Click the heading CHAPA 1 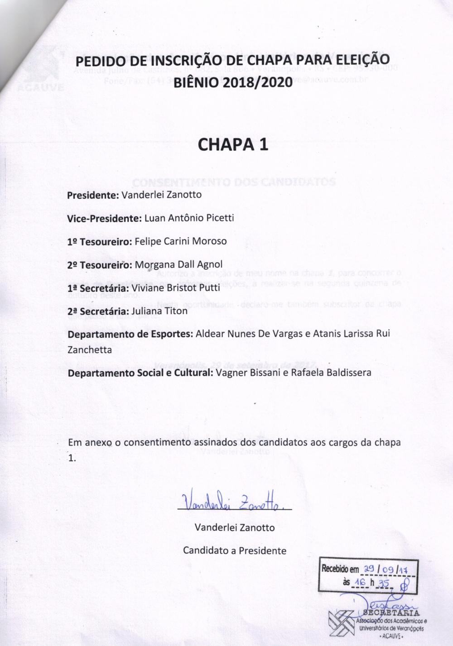pyautogui.click(x=233, y=144)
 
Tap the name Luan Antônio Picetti pyautogui.click(x=189, y=218)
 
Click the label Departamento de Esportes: pyautogui.click(x=130, y=334)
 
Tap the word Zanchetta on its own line pyautogui.click(x=89, y=350)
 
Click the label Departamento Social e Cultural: pyautogui.click(x=140, y=373)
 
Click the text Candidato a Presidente pyautogui.click(x=235, y=550)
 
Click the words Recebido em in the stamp pyautogui.click(x=340, y=569)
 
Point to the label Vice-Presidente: pyautogui.click(x=105, y=218)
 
